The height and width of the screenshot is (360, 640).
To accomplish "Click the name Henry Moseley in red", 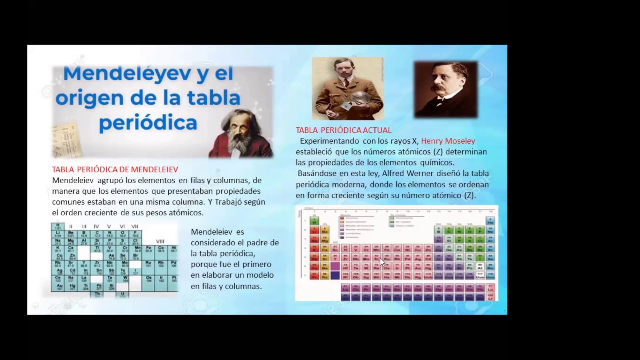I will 448,141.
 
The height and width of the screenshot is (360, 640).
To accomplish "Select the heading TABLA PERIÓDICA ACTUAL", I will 343,130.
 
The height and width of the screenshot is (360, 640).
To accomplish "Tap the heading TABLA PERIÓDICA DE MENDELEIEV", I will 115,170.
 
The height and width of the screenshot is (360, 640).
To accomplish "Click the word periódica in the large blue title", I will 148,122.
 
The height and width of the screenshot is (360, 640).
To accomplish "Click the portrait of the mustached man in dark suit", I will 446,89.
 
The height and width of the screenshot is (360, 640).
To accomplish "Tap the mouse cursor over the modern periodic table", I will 382,262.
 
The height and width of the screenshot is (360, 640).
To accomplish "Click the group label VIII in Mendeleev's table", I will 160,241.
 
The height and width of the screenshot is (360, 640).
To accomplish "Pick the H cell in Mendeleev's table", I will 58,226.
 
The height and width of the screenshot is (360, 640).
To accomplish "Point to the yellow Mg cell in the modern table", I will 324,239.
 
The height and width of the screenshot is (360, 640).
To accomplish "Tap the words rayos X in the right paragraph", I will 404,141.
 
